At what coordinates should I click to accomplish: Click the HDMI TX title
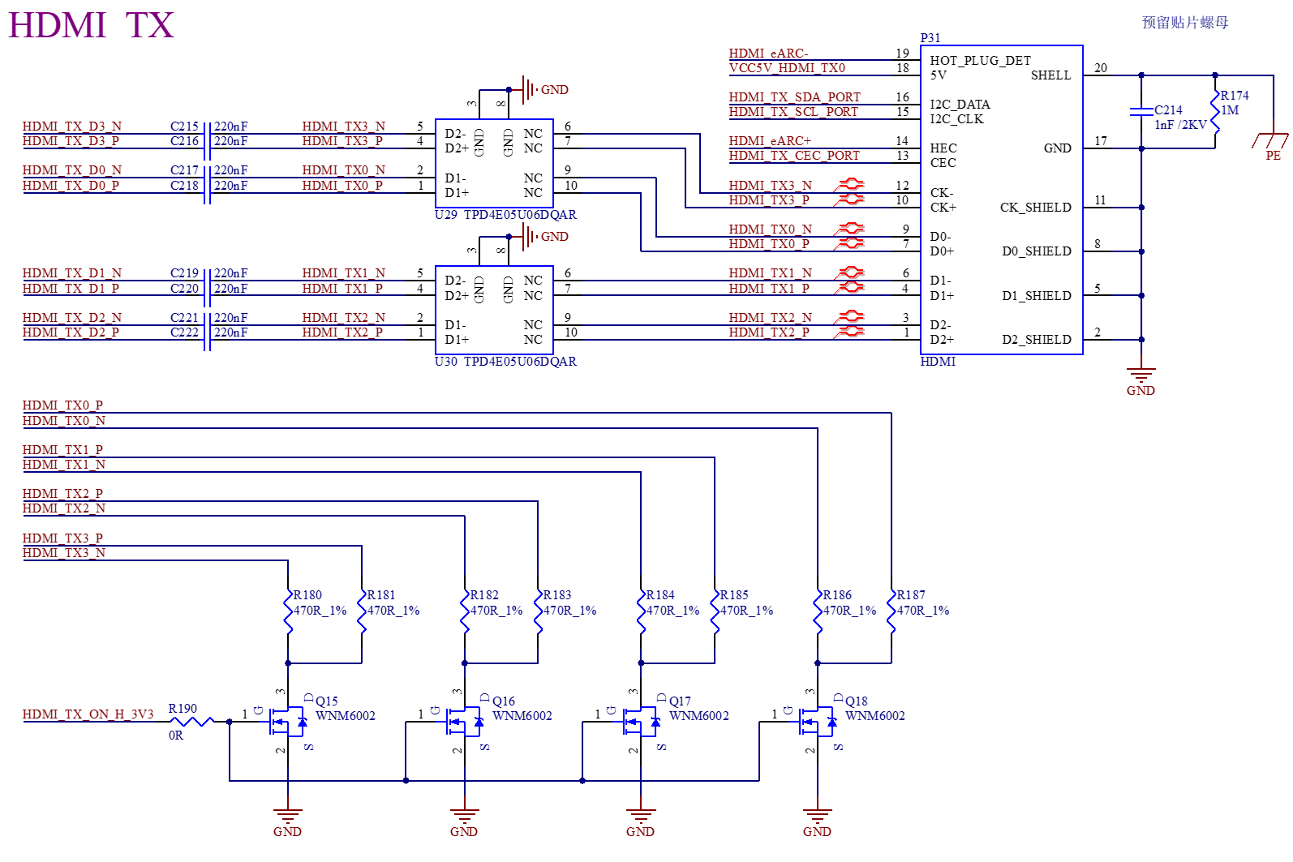tap(91, 25)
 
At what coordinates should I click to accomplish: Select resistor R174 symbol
tap(1215, 111)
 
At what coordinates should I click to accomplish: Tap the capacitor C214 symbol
tap(1141, 111)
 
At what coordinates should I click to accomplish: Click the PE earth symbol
tap(1270, 140)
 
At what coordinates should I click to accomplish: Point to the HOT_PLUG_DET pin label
tap(980, 61)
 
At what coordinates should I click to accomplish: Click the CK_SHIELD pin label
tap(1036, 208)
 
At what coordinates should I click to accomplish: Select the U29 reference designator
tap(445, 215)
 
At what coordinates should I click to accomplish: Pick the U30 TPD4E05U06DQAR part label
tap(505, 362)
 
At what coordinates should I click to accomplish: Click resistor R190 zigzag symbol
tap(191, 721)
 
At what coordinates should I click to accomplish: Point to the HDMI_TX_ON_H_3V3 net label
tap(88, 714)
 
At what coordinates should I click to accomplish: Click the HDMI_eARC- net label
tap(768, 53)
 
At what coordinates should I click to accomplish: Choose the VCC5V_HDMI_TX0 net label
tap(787, 68)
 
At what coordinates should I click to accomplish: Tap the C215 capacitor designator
tap(184, 127)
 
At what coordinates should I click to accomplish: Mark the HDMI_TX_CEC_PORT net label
tap(793, 156)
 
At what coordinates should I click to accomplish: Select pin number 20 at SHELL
tap(1100, 68)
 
